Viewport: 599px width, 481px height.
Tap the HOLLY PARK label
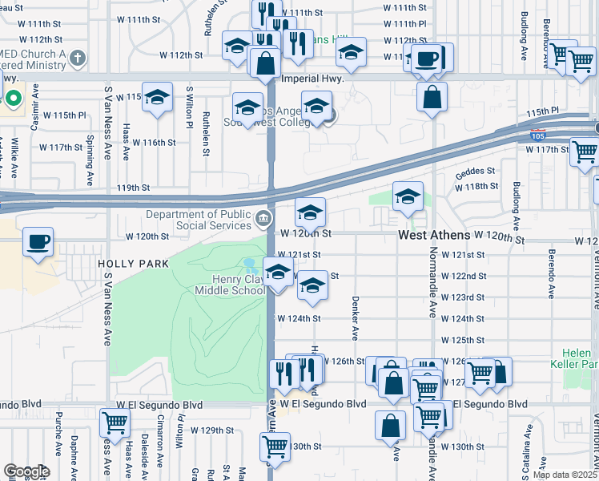point(133,264)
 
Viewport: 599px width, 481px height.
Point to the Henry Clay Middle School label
point(238,285)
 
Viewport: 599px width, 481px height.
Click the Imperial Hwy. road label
point(314,79)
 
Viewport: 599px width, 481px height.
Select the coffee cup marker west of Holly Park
point(38,241)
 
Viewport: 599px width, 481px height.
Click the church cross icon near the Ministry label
point(77,57)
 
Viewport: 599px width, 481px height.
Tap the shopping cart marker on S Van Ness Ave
point(115,422)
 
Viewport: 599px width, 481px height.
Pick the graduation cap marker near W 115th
point(157,97)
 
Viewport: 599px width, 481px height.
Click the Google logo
point(26,471)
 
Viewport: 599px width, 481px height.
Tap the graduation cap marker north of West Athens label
point(408,196)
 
